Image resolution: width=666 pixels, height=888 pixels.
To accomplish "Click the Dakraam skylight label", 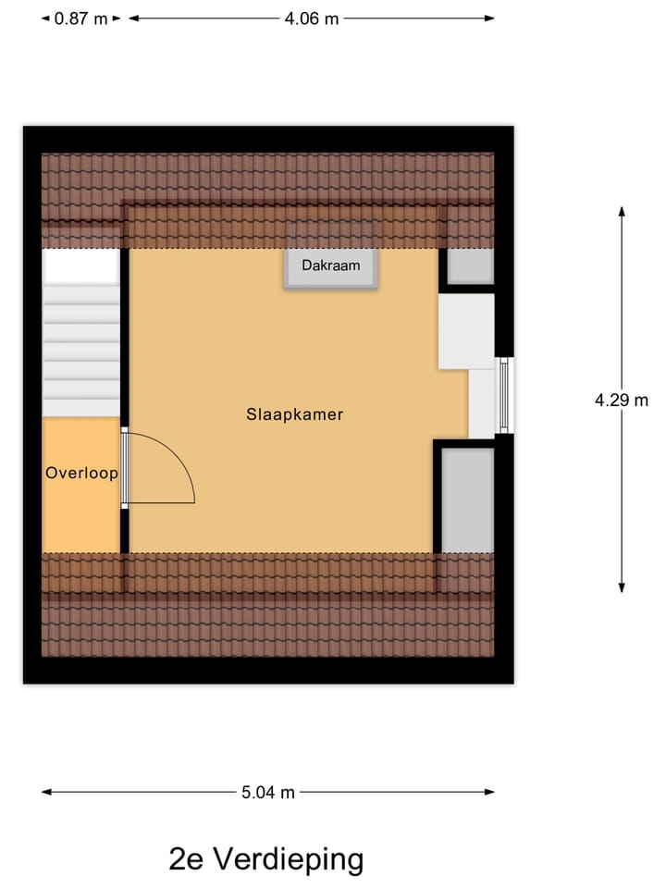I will pos(330,265).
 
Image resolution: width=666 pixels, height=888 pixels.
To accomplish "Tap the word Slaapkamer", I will pos(294,414).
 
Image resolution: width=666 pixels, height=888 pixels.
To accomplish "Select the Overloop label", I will pos(81,474).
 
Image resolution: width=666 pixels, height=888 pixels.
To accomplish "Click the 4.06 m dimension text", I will pos(311,18).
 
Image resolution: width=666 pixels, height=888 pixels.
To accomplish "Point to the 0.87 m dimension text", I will pos(81,18).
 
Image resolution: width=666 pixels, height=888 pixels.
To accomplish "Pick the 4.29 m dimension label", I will pos(622,401).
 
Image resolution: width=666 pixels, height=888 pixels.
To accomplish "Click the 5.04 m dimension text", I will pos(268,792).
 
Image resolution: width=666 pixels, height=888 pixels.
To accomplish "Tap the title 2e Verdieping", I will pos(266,859).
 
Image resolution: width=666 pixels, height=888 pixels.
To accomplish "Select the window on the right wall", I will pos(504,396).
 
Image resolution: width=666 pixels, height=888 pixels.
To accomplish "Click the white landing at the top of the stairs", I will pos(81,266).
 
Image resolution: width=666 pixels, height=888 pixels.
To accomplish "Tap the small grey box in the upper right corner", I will pos(471,266).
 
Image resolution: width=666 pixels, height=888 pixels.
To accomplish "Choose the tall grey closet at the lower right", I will pos(467,499).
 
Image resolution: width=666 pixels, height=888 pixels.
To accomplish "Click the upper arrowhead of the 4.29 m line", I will pos(622,212).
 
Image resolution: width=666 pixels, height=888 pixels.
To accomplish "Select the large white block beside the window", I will pos(466,331).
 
